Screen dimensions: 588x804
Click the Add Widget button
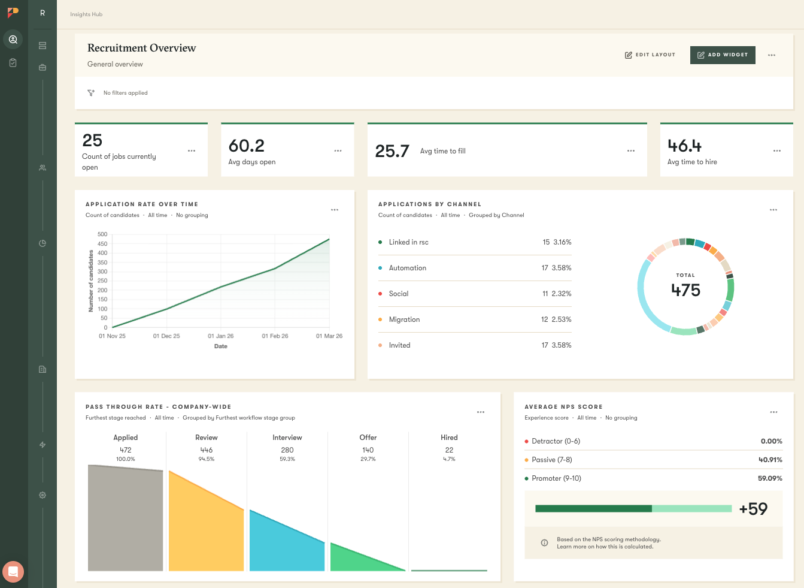(x=723, y=55)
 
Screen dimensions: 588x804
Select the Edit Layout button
(x=650, y=55)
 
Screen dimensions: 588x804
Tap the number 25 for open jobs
(x=92, y=140)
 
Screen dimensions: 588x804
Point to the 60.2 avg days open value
(x=246, y=146)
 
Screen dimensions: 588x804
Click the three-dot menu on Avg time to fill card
(x=630, y=151)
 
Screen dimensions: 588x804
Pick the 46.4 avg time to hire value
(x=684, y=146)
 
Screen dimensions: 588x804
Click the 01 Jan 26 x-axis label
(x=220, y=336)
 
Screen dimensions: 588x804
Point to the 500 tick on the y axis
(x=102, y=234)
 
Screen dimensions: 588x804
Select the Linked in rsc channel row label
(x=408, y=242)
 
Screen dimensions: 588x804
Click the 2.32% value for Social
(x=562, y=294)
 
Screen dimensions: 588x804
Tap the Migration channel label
(x=404, y=319)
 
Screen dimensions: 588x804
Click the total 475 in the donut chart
(x=685, y=290)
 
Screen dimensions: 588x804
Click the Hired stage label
(x=449, y=438)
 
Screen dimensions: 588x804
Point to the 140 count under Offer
(x=368, y=450)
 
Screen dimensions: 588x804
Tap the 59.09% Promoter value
(x=770, y=478)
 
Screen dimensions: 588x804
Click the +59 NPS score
(x=753, y=509)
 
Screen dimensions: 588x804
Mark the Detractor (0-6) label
(x=556, y=441)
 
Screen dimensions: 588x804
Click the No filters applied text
(x=125, y=93)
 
